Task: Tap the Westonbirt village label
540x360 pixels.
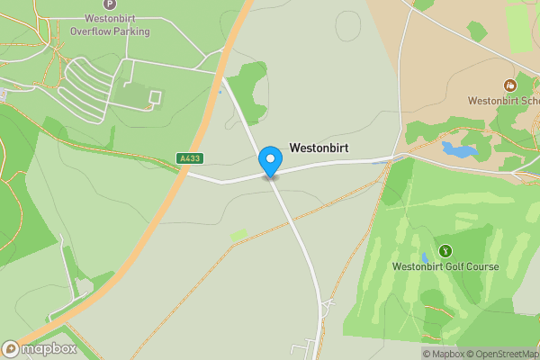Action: click(x=319, y=148)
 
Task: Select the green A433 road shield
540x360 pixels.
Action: click(x=190, y=158)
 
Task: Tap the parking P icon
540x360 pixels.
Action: click(x=110, y=4)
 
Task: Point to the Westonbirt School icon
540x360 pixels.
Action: click(x=510, y=85)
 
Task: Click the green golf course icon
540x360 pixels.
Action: click(x=444, y=250)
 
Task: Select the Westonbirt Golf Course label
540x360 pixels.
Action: click(x=445, y=266)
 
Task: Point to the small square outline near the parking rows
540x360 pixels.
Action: click(x=154, y=96)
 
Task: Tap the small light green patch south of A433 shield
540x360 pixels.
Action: click(x=238, y=235)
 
